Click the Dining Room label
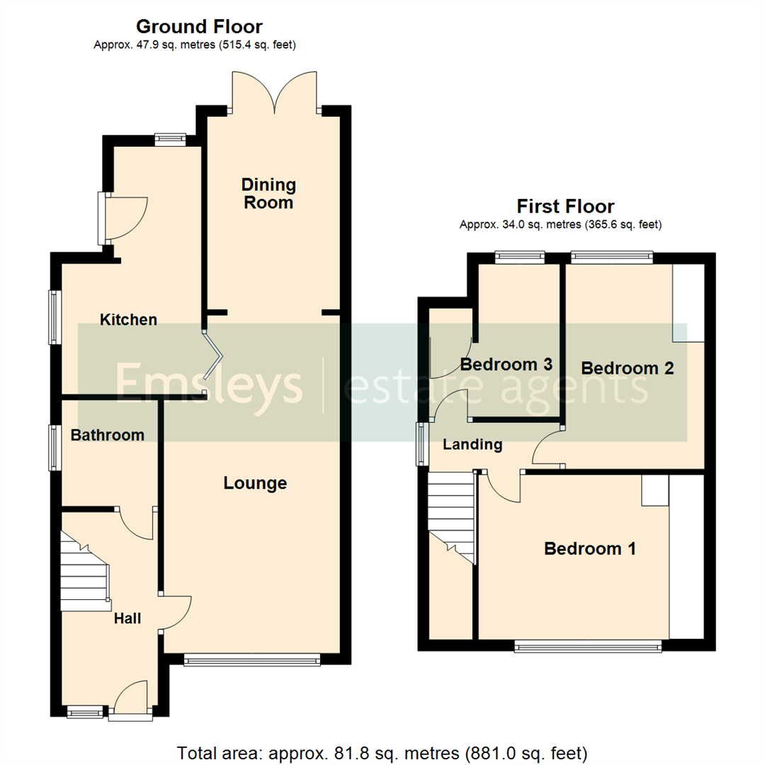[x=268, y=194]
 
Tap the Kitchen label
[x=128, y=320]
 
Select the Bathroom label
[x=107, y=435]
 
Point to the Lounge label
[x=255, y=483]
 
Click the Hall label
[x=127, y=618]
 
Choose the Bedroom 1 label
[x=589, y=548]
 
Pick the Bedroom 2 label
[x=627, y=368]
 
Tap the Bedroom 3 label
[x=506, y=365]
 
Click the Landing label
[x=472, y=445]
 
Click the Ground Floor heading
[x=199, y=27]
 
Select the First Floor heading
[x=565, y=207]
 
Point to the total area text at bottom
[x=382, y=752]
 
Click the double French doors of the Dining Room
[x=274, y=92]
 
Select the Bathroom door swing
[x=137, y=524]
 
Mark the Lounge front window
[x=251, y=660]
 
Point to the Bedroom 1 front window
[x=588, y=645]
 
